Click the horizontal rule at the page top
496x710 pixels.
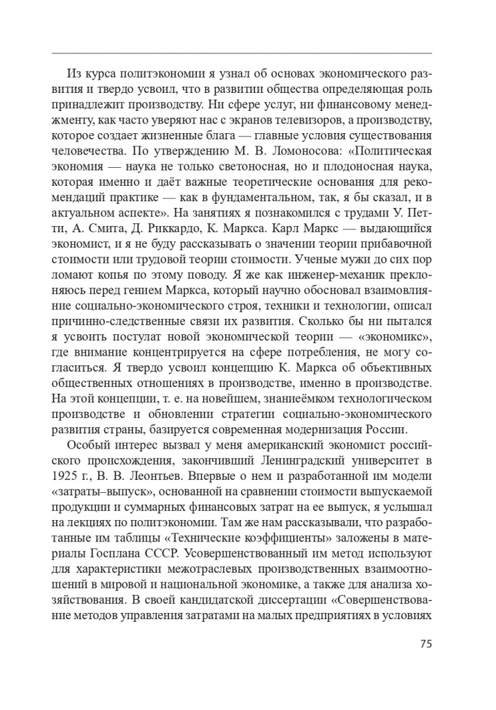coord(242,53)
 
